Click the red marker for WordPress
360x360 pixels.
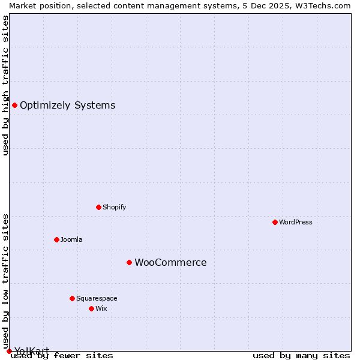pos(275,222)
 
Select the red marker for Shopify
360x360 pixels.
pos(98,207)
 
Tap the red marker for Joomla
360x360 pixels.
pos(56,239)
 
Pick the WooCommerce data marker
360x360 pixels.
pos(129,262)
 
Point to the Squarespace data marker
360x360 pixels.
pos(72,298)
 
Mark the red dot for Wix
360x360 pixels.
pos(91,308)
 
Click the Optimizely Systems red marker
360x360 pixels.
pos(14,106)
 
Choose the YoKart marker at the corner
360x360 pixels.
pos(9,351)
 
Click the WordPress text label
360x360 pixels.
pos(296,222)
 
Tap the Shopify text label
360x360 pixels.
pos(114,207)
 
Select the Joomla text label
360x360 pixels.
pos(71,239)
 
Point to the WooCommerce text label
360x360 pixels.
pos(170,262)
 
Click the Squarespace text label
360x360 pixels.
pos(97,298)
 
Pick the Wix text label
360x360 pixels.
pos(101,308)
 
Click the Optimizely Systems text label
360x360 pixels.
pos(67,106)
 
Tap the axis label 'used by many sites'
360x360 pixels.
pos(301,355)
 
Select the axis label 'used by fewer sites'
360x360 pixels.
pos(62,355)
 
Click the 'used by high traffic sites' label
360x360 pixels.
pos(5,85)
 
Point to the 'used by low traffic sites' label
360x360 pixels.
pos(5,281)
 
